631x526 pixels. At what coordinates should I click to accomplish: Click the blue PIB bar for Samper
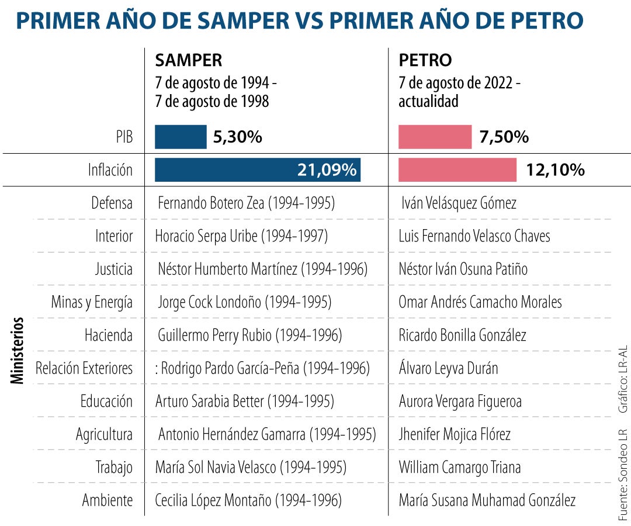[180, 137]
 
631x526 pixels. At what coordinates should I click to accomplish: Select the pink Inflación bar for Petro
[457, 170]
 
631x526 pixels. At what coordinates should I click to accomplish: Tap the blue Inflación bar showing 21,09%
[257, 170]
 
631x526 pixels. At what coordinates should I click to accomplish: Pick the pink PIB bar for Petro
[435, 137]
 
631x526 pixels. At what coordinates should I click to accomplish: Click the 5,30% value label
[237, 137]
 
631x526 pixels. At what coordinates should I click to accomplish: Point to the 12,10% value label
[555, 170]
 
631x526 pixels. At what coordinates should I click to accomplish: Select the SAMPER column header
[188, 60]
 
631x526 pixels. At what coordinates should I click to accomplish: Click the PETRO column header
[425, 60]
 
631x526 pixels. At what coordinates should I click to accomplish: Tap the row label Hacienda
[109, 335]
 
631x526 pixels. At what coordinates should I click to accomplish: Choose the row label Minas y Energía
[92, 302]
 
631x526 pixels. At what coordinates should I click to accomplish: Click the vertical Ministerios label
[18, 350]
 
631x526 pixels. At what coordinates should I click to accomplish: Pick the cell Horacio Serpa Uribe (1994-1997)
[241, 236]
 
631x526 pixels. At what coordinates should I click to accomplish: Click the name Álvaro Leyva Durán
[448, 368]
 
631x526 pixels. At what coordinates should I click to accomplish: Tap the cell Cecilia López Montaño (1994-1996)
[248, 501]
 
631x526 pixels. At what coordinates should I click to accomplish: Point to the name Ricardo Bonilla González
[462, 335]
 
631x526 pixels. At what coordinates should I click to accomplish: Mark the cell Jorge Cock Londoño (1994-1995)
[244, 302]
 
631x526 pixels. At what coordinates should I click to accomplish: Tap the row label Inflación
[110, 170]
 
